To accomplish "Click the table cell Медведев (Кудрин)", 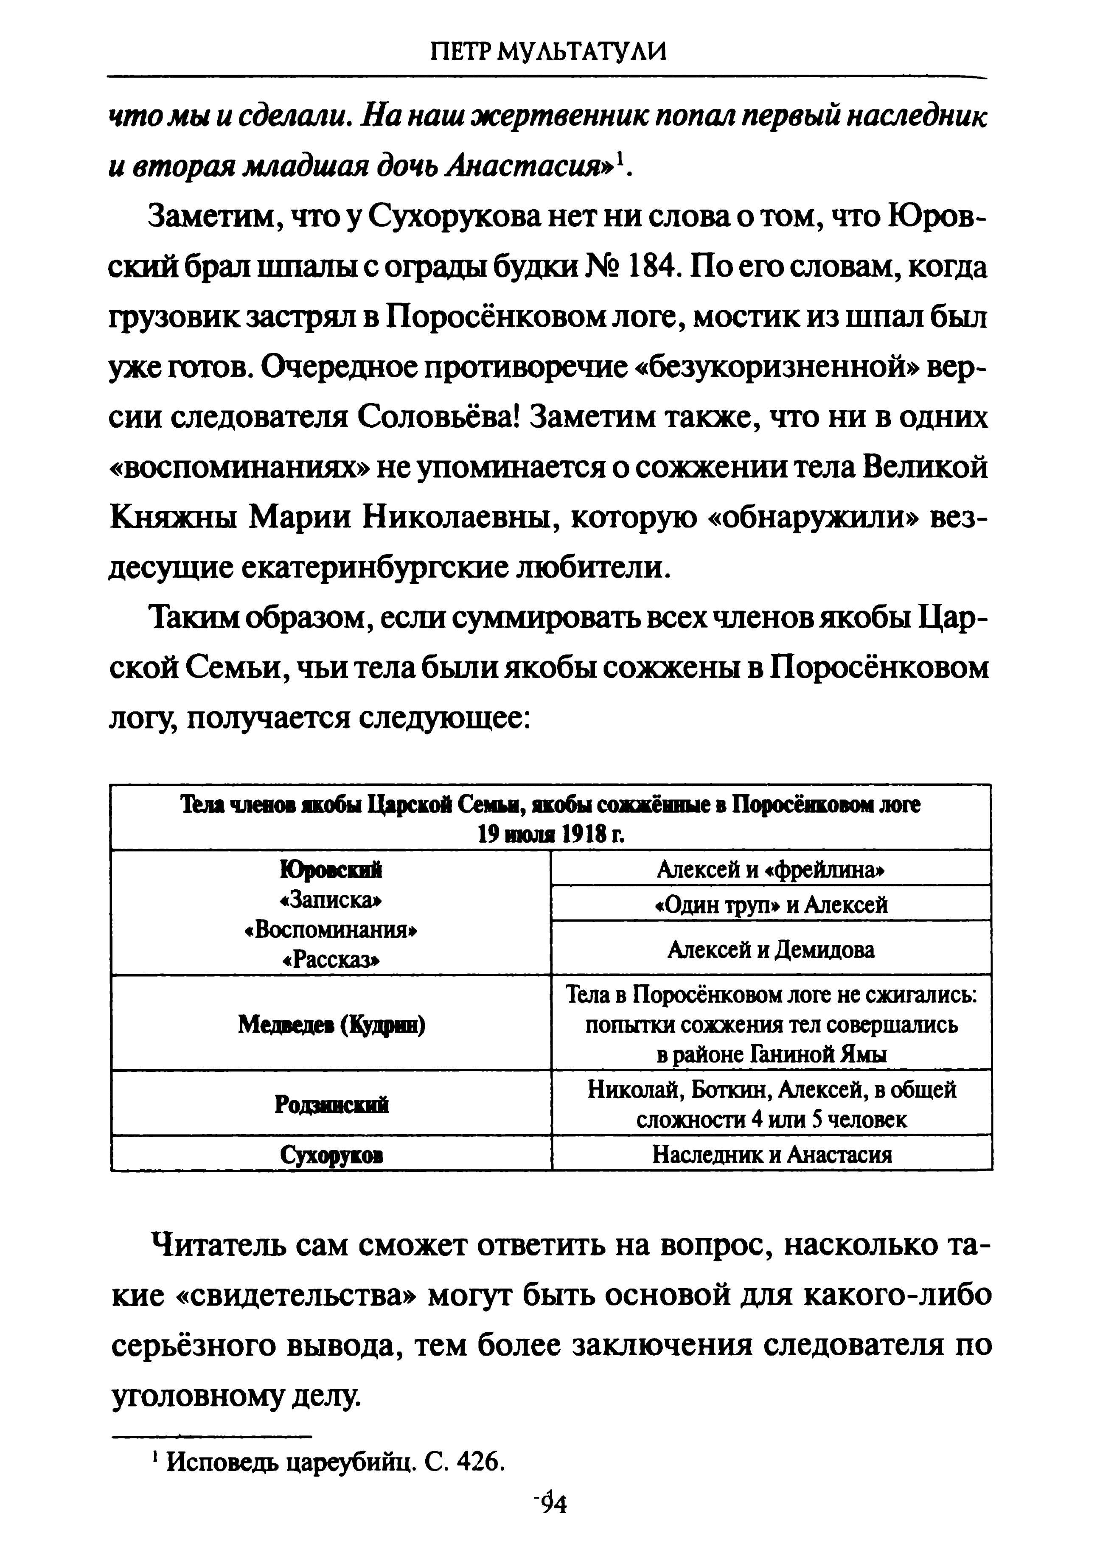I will (x=331, y=1025).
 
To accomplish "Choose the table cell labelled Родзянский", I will (x=331, y=1105).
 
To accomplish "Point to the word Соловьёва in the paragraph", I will (x=438, y=418).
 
